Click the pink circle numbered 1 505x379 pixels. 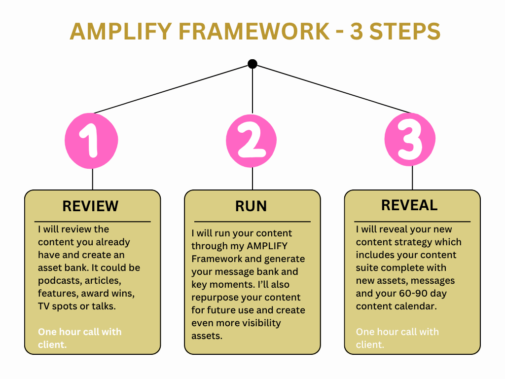coord(91,141)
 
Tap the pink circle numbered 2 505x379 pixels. coord(252,141)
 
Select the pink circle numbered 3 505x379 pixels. coord(410,139)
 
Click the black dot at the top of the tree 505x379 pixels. coord(252,64)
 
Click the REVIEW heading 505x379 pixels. coord(91,206)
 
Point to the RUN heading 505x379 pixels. coord(251,206)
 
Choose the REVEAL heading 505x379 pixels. coord(409,205)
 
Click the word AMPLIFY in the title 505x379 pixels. coord(121,31)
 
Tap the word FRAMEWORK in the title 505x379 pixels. coord(254,31)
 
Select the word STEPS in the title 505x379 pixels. coord(405,31)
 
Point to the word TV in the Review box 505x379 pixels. coord(43,306)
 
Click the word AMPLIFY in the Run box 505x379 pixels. coord(267,246)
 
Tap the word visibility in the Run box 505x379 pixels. coord(260,323)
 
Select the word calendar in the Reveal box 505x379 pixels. coord(417,306)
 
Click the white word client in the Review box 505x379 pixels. coord(51,344)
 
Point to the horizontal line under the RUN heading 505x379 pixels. coord(252,222)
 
